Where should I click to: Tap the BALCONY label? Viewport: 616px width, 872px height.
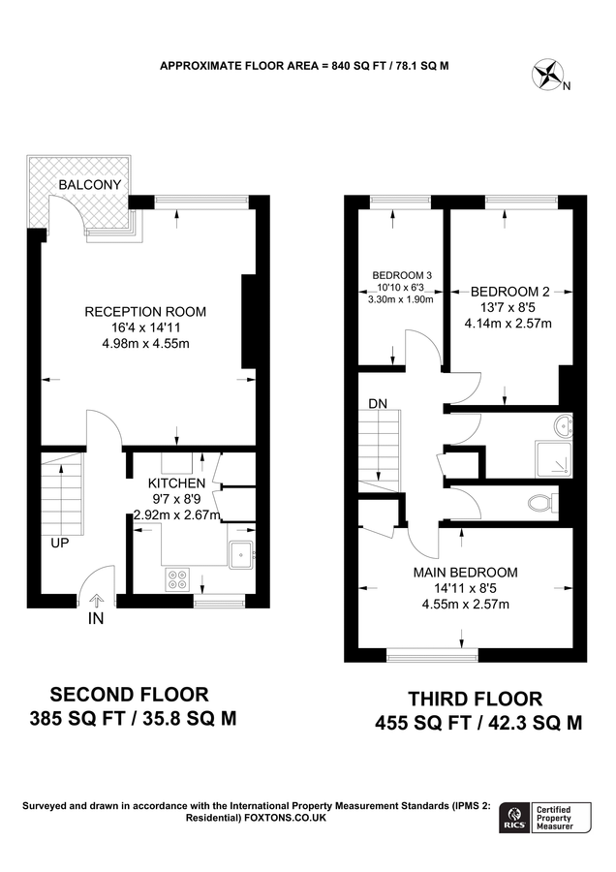tap(90, 185)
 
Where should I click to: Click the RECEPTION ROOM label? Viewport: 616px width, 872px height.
tap(145, 311)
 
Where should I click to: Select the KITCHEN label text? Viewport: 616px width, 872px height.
tap(175, 483)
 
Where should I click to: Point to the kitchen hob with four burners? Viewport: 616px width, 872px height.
tap(179, 579)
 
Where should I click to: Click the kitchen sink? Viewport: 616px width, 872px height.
tap(240, 555)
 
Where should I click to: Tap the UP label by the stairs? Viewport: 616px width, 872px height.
tap(60, 543)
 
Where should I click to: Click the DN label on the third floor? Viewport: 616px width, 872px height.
tap(378, 402)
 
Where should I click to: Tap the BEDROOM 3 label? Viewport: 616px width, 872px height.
tap(402, 275)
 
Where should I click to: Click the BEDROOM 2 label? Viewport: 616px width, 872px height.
tap(510, 291)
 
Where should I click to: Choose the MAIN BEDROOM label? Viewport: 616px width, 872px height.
tap(465, 572)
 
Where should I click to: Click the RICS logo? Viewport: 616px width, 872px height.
tap(514, 817)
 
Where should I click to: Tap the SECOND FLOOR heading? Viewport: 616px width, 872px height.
tap(129, 694)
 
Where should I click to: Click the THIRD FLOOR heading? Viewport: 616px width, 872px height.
tap(475, 698)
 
